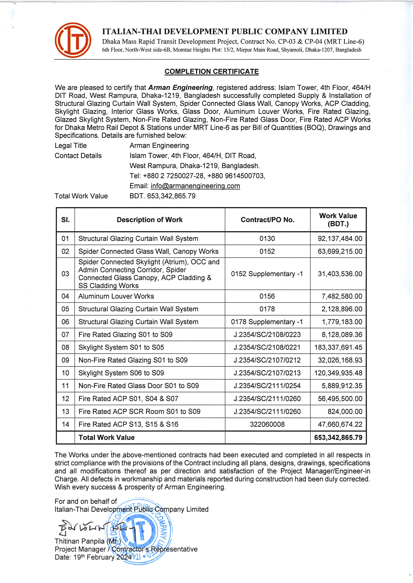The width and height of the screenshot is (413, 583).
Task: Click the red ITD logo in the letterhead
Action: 73,40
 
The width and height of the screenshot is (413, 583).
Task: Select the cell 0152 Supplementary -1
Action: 267,274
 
